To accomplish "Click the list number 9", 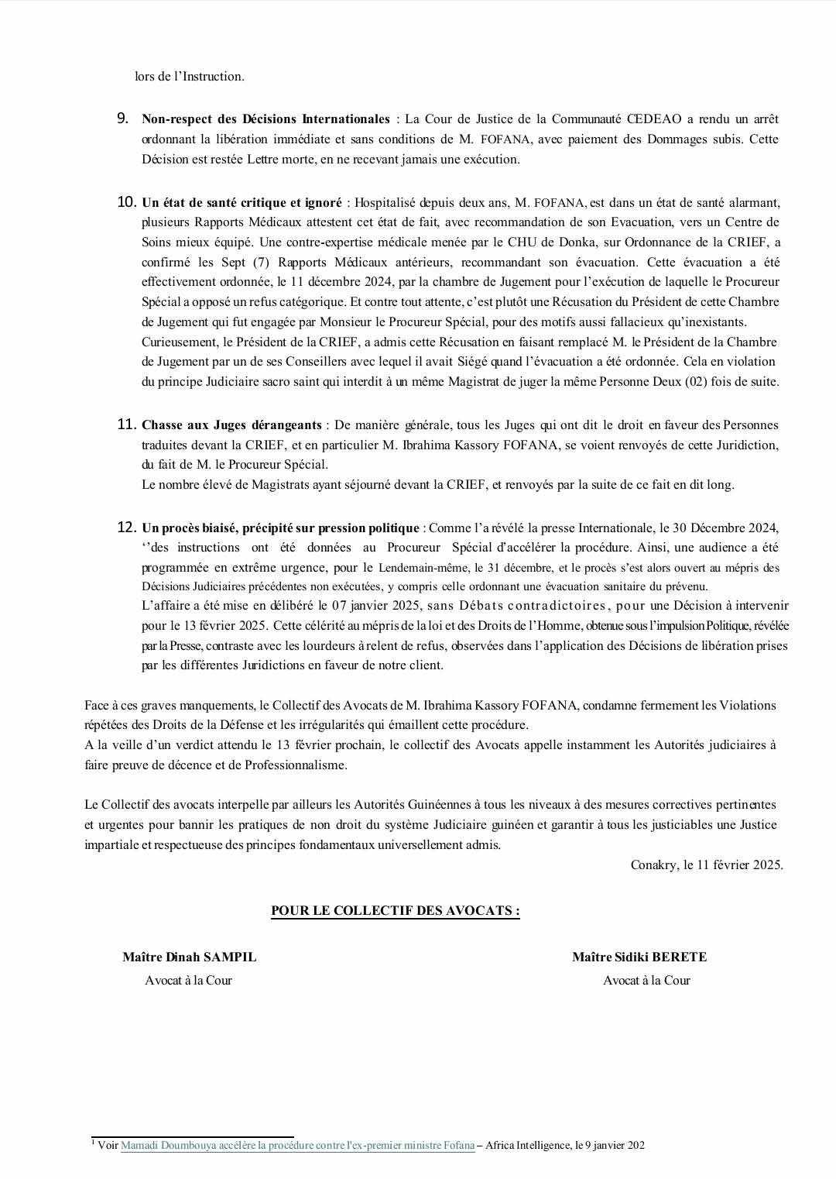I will click(122, 119).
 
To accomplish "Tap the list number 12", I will click(126, 528).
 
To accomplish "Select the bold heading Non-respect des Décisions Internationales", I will click(266, 119).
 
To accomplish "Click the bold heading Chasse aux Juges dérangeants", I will click(231, 425).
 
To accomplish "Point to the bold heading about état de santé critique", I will click(242, 203).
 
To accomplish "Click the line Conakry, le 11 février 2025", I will click(707, 865).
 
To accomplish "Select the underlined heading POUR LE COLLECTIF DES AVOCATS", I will click(395, 910).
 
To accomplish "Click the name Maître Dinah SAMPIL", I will click(189, 957).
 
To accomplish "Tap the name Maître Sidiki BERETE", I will click(639, 957).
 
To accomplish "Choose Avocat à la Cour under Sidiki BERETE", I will click(646, 981).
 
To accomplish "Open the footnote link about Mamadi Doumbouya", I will click(297, 1146).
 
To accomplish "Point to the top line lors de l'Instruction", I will click(190, 77).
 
